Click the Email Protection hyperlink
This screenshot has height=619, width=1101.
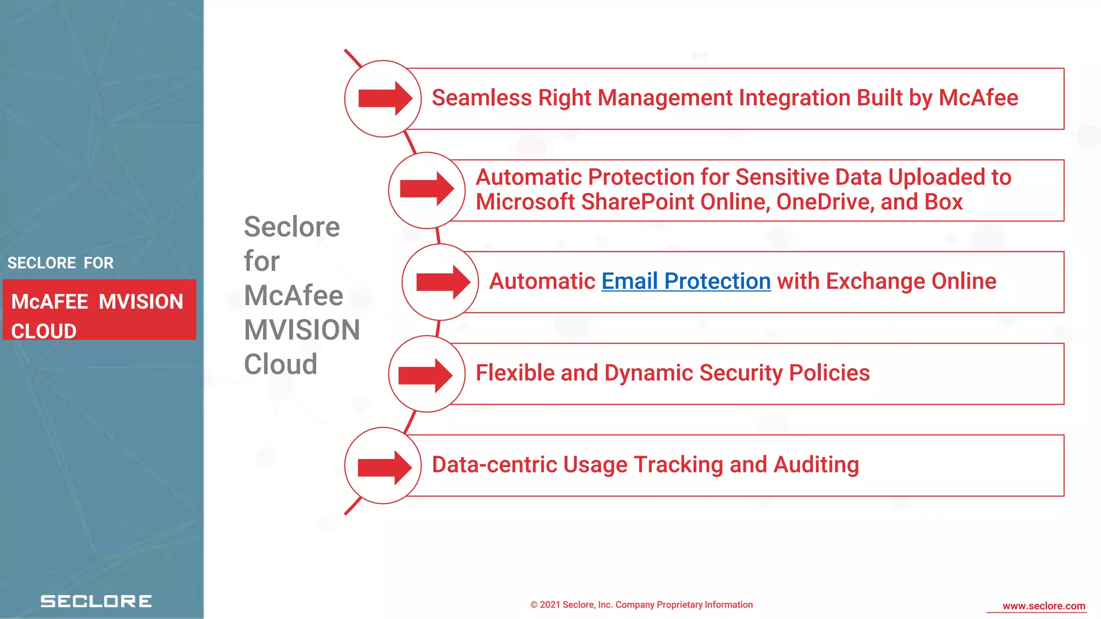(685, 282)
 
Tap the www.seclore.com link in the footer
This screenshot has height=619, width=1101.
(1043, 606)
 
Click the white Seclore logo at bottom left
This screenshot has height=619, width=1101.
(96, 601)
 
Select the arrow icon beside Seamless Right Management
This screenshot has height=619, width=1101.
(383, 98)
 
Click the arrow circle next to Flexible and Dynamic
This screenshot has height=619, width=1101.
(426, 375)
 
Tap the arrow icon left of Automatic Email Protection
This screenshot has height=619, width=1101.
(441, 282)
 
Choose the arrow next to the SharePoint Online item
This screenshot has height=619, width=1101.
(426, 190)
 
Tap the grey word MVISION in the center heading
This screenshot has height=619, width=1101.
(302, 330)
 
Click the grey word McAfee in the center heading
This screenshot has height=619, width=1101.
(294, 296)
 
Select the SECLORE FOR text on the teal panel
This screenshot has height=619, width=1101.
(60, 263)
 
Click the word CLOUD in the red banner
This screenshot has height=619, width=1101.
(44, 331)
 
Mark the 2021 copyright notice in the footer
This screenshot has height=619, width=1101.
(641, 605)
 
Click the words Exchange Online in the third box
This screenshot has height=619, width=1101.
(911, 282)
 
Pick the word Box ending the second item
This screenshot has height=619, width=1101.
(943, 203)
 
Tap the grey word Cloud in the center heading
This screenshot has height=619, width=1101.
(281, 364)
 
